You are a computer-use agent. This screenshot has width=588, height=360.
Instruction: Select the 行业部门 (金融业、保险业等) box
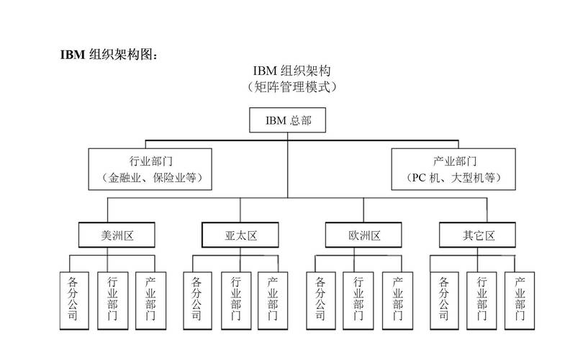point(150,169)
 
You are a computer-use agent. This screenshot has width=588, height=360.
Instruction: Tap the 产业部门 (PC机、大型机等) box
point(453,169)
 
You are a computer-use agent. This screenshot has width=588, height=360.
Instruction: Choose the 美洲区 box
point(107,235)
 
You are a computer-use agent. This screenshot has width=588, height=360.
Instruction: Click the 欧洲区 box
point(363,235)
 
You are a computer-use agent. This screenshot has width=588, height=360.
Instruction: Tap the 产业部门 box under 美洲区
point(150,300)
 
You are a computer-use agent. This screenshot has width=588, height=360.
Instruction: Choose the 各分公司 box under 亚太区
point(197,300)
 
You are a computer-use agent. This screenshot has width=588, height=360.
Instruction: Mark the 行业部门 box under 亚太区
point(236,300)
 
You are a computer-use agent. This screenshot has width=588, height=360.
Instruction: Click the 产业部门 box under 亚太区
point(273,300)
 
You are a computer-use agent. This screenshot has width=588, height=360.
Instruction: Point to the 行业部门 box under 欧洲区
point(358,300)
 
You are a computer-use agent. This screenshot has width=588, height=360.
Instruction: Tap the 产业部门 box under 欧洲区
point(397,300)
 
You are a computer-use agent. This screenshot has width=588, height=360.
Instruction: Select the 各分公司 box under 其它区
point(444,300)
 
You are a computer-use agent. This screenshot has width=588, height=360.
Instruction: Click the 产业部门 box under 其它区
point(520,300)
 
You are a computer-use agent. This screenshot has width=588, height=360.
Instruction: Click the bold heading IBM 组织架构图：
point(109,55)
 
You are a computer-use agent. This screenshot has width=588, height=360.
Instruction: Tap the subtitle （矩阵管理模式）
point(291,86)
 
